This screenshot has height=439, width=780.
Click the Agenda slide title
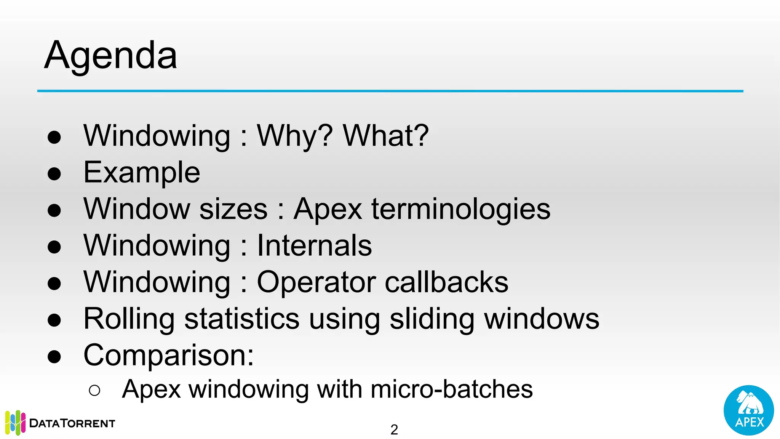click(x=110, y=56)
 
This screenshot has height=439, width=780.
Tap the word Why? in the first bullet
click(x=295, y=136)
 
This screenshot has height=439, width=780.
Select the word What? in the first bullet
click(x=386, y=136)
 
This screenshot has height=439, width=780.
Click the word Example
click(x=142, y=172)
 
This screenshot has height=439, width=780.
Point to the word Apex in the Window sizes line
click(x=328, y=209)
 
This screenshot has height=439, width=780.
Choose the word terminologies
click(x=461, y=209)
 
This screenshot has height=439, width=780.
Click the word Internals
click(x=314, y=245)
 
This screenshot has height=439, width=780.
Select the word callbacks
click(x=446, y=282)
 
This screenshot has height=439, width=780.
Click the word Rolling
click(x=129, y=319)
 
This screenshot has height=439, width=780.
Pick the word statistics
click(x=242, y=319)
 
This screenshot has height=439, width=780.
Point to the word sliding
click(x=432, y=319)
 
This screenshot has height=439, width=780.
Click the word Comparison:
click(x=169, y=355)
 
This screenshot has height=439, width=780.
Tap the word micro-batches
click(x=451, y=389)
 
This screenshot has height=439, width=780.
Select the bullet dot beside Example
click(x=54, y=174)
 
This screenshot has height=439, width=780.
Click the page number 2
click(x=394, y=430)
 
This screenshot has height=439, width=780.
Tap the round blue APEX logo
click(x=748, y=410)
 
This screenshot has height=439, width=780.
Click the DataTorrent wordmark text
click(x=72, y=423)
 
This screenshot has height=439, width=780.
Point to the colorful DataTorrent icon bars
click(x=15, y=423)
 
